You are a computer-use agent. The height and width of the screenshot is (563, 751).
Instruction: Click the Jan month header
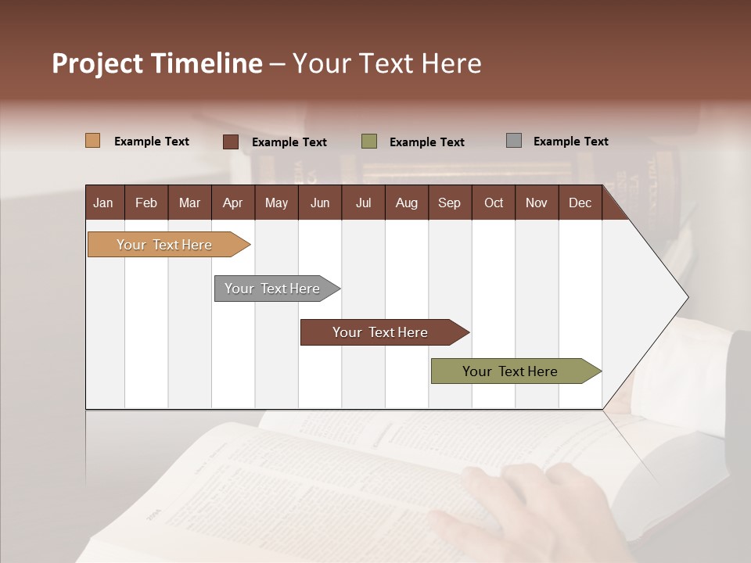coord(103,203)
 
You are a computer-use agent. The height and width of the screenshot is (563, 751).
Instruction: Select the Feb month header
coord(146,203)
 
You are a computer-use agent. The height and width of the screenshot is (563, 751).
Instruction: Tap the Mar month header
coord(189,203)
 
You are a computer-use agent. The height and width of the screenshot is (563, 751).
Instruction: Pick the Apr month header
coord(232,203)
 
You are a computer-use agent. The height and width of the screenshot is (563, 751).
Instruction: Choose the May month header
coord(276,203)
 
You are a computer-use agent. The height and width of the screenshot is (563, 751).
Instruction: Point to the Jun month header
coord(320,203)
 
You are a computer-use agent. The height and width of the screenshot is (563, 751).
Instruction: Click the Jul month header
coord(363,203)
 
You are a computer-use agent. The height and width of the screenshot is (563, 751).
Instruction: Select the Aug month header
coord(406,203)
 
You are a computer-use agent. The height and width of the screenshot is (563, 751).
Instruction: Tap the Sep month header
coord(449,203)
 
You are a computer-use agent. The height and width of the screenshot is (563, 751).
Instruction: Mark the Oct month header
coord(494,203)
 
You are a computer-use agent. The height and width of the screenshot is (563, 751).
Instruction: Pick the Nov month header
coord(537,203)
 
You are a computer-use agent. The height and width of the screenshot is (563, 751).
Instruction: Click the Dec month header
coord(580,203)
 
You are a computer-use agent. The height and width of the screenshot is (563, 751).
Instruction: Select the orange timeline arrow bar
coord(165,245)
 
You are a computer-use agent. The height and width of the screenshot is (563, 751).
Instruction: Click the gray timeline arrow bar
coord(273,289)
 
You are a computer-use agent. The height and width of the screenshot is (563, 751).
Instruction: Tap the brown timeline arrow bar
coord(381,332)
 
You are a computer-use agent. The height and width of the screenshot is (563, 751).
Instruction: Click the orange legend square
coord(93,141)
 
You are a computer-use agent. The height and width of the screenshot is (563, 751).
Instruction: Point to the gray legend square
coord(514,141)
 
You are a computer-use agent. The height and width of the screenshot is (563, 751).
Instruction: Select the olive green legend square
coord(369,142)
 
